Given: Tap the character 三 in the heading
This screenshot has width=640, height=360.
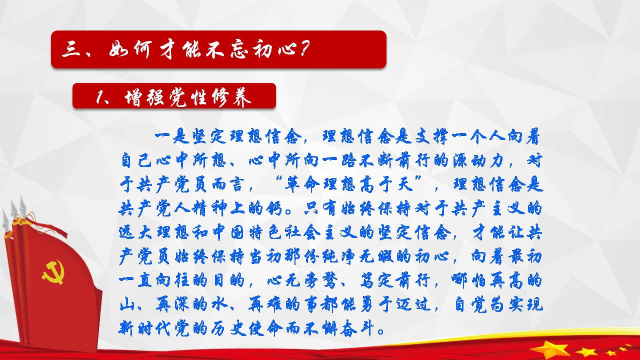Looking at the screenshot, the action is click(x=71, y=49).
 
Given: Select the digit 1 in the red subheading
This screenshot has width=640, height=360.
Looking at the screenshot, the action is click(x=99, y=96).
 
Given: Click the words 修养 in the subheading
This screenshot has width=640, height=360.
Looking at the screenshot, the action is click(x=231, y=97).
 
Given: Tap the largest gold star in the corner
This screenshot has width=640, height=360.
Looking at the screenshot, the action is click(x=550, y=350).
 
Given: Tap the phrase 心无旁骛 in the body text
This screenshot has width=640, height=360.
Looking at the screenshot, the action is click(x=302, y=280).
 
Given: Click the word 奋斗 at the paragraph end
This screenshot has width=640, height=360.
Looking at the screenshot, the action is click(x=357, y=328).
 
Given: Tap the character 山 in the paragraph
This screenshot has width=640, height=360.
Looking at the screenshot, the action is click(x=126, y=304).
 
